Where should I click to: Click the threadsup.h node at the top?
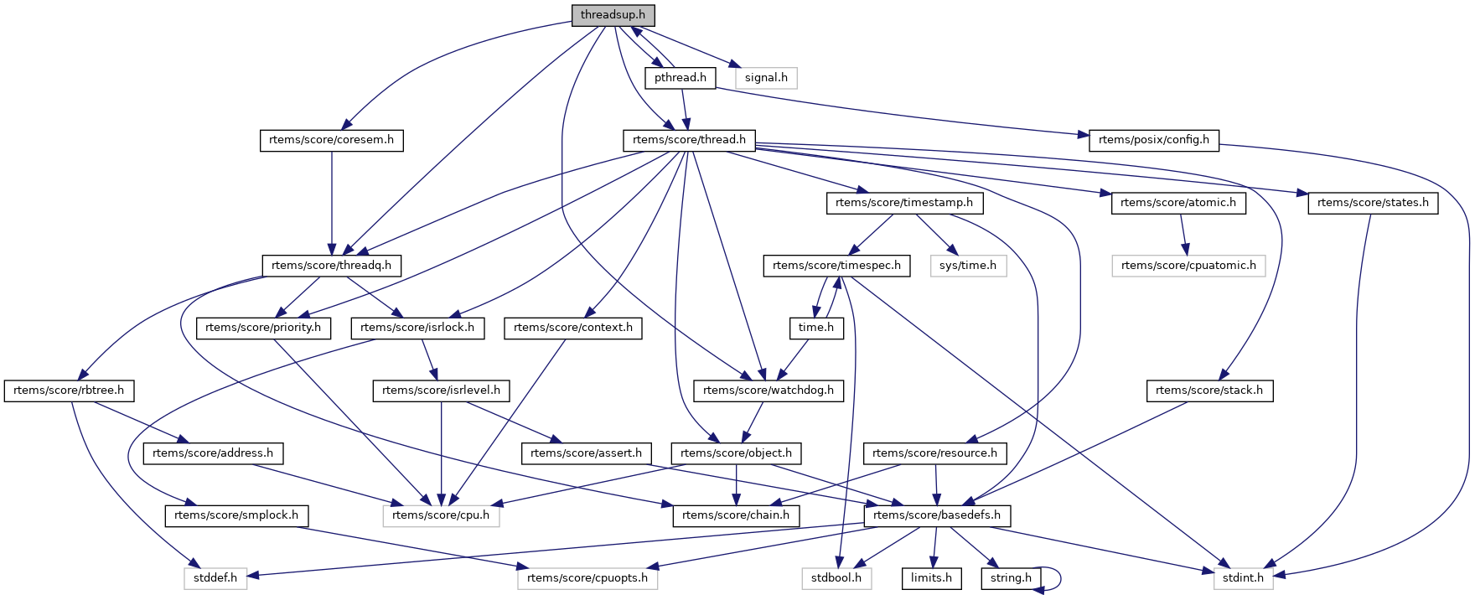tap(613, 15)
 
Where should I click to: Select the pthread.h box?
tap(680, 78)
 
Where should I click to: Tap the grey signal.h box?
tap(766, 78)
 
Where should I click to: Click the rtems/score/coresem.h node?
tap(331, 140)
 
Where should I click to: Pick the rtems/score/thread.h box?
tap(689, 140)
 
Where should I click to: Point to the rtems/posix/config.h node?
tap(1153, 140)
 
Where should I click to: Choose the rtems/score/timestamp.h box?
tap(903, 203)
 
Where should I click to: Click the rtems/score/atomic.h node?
tap(1177, 203)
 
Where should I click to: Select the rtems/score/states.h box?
tap(1373, 203)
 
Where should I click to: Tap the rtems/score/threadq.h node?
tap(331, 266)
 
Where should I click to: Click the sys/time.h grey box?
tap(967, 266)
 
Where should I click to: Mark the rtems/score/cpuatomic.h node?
tap(1188, 266)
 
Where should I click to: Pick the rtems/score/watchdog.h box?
tap(768, 391)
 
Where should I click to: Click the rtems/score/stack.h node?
tap(1208, 391)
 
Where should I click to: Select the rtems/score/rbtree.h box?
tap(69, 391)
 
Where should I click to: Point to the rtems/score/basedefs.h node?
tap(936, 515)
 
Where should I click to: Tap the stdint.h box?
tap(1243, 578)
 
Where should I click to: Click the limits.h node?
tap(931, 578)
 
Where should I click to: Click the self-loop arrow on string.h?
tap(1058, 578)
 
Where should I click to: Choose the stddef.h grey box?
tap(215, 578)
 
